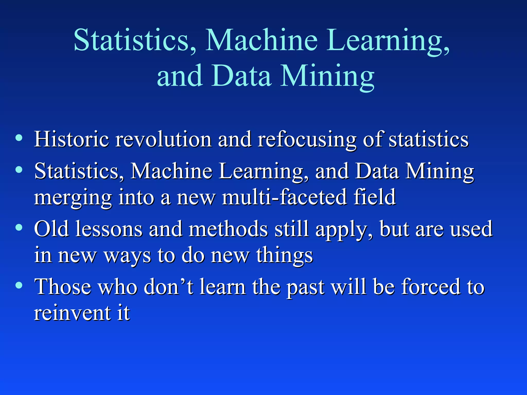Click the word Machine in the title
[261, 40]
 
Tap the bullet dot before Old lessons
[19, 227]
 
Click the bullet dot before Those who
[19, 285]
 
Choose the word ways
[127, 256]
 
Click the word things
[284, 256]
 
